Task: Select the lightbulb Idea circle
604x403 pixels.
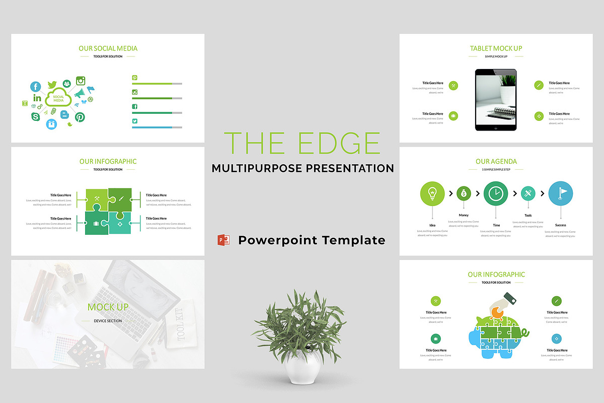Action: (x=432, y=193)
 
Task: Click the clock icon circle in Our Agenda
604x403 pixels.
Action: (x=496, y=194)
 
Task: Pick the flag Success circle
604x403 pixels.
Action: (x=560, y=193)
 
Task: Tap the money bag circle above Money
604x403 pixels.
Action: (x=464, y=193)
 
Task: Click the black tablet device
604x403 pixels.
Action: (x=496, y=100)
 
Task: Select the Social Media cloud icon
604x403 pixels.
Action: (x=58, y=98)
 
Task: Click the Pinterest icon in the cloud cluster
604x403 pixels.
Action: (x=80, y=117)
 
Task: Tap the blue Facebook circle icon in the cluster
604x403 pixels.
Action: (x=35, y=87)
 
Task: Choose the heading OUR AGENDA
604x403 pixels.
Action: (x=496, y=162)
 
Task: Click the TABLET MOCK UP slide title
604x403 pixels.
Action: (x=496, y=48)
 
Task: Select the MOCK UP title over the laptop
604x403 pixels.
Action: (x=108, y=307)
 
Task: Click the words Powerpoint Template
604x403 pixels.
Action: (x=312, y=240)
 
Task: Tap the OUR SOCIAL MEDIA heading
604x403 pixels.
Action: (x=108, y=48)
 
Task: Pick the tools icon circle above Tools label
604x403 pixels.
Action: (x=527, y=193)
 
